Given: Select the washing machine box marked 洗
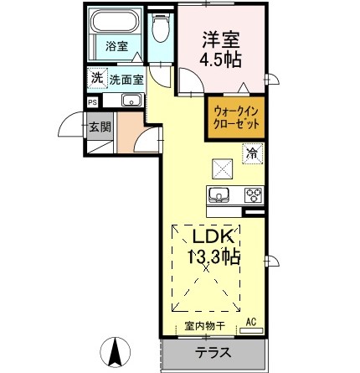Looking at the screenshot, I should click(x=97, y=77).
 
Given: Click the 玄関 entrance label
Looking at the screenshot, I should click(x=100, y=128).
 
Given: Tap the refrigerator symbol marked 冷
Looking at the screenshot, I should click(x=250, y=153).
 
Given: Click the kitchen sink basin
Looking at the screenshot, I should click(x=219, y=196).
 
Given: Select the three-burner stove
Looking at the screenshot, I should click(x=252, y=196).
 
